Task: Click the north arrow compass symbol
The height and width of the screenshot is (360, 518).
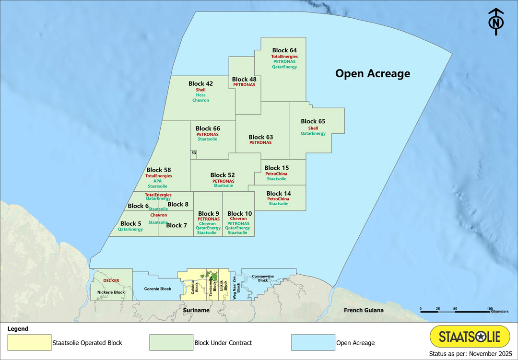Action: pyautogui.click(x=496, y=22)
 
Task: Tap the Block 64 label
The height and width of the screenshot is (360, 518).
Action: pyautogui.click(x=284, y=50)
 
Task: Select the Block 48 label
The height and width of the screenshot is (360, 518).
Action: pyautogui.click(x=244, y=79)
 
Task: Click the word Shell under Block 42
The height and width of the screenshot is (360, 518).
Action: pyautogui.click(x=200, y=90)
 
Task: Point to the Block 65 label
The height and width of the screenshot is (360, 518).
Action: pyautogui.click(x=313, y=121)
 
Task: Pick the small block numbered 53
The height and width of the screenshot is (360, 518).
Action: pyautogui.click(x=194, y=153)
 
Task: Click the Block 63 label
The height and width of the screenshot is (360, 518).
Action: pyautogui.click(x=260, y=137)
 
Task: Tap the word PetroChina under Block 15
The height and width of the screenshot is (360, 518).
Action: pyautogui.click(x=276, y=174)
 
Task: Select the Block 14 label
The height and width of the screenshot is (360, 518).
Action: pyautogui.click(x=278, y=194)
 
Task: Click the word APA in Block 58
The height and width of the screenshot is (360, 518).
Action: pyautogui.click(x=158, y=181)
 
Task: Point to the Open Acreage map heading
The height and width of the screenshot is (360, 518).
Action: pyautogui.click(x=372, y=73)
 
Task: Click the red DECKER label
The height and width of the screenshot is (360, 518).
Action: pyautogui.click(x=111, y=280)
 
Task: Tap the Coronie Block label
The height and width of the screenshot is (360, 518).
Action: pyautogui.click(x=157, y=289)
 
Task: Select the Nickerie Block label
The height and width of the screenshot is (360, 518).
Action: pyautogui.click(x=111, y=292)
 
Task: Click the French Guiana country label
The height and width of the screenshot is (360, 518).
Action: pyautogui.click(x=364, y=310)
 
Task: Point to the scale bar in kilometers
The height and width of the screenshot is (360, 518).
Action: pyautogui.click(x=455, y=311)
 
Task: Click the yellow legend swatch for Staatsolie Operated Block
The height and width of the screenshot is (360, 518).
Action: pyautogui.click(x=29, y=343)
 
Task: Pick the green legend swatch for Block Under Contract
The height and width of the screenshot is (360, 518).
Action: pyautogui.click(x=171, y=343)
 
